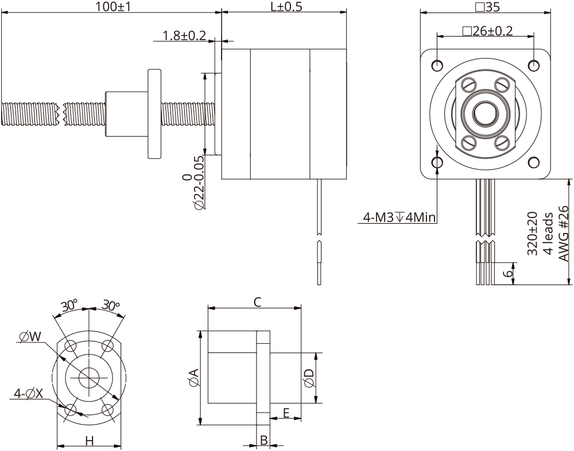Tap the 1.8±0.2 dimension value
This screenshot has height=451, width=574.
tap(184, 36)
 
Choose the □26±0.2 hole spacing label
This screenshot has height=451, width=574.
tap(487, 31)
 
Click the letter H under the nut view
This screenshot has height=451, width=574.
tap(89, 441)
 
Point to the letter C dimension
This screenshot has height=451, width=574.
tap(258, 302)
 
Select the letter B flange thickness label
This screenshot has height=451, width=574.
tap(263, 440)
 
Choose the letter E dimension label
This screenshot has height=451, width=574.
tap(285, 413)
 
